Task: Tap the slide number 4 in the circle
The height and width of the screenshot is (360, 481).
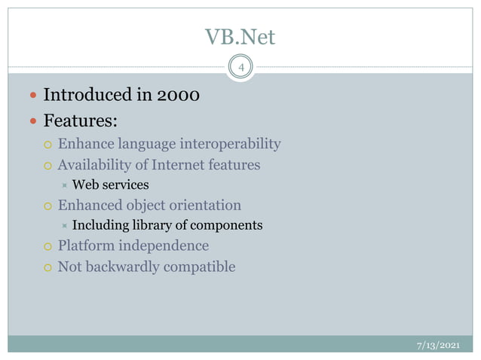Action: click(240, 69)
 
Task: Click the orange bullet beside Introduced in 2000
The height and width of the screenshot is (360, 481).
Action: click(31, 96)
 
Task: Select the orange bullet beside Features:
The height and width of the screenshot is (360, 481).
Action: click(31, 121)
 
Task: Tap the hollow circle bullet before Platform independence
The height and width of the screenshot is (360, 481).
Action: click(47, 246)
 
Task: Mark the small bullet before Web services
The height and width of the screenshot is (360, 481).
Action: click(65, 185)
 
